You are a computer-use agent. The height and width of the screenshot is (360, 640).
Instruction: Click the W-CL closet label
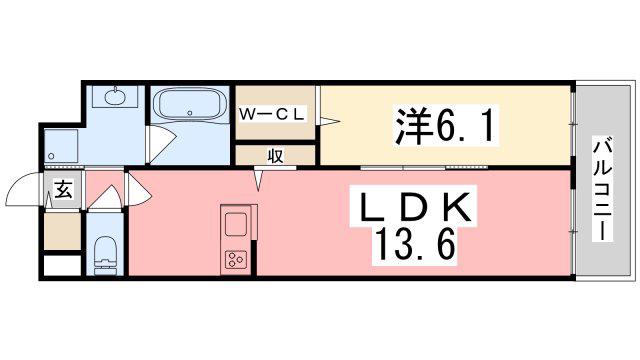point(272,114)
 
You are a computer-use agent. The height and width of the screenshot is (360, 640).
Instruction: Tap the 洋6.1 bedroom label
point(446,125)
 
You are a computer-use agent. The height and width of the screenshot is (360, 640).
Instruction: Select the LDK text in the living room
point(415,209)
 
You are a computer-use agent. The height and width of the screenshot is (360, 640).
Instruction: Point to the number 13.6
point(415,245)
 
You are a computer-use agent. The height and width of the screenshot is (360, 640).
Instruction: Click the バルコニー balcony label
point(603,190)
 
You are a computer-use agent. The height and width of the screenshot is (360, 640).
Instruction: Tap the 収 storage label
point(276,156)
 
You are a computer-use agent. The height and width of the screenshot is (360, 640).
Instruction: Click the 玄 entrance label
point(63,189)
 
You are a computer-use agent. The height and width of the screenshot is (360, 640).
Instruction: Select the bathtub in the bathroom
point(190,104)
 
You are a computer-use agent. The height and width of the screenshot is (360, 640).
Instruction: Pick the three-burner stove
point(236,260)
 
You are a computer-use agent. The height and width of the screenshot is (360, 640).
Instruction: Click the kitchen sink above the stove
point(236,224)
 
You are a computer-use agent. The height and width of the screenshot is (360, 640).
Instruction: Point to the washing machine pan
point(61,146)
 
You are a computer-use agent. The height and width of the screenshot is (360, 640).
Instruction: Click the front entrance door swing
point(24,188)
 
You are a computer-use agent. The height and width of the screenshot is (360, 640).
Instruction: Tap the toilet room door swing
point(105,198)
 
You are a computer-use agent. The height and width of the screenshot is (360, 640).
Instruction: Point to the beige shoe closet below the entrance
point(62,231)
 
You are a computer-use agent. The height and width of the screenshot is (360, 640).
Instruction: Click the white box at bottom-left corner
point(62,265)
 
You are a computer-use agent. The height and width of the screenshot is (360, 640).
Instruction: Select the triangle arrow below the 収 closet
point(259,179)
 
